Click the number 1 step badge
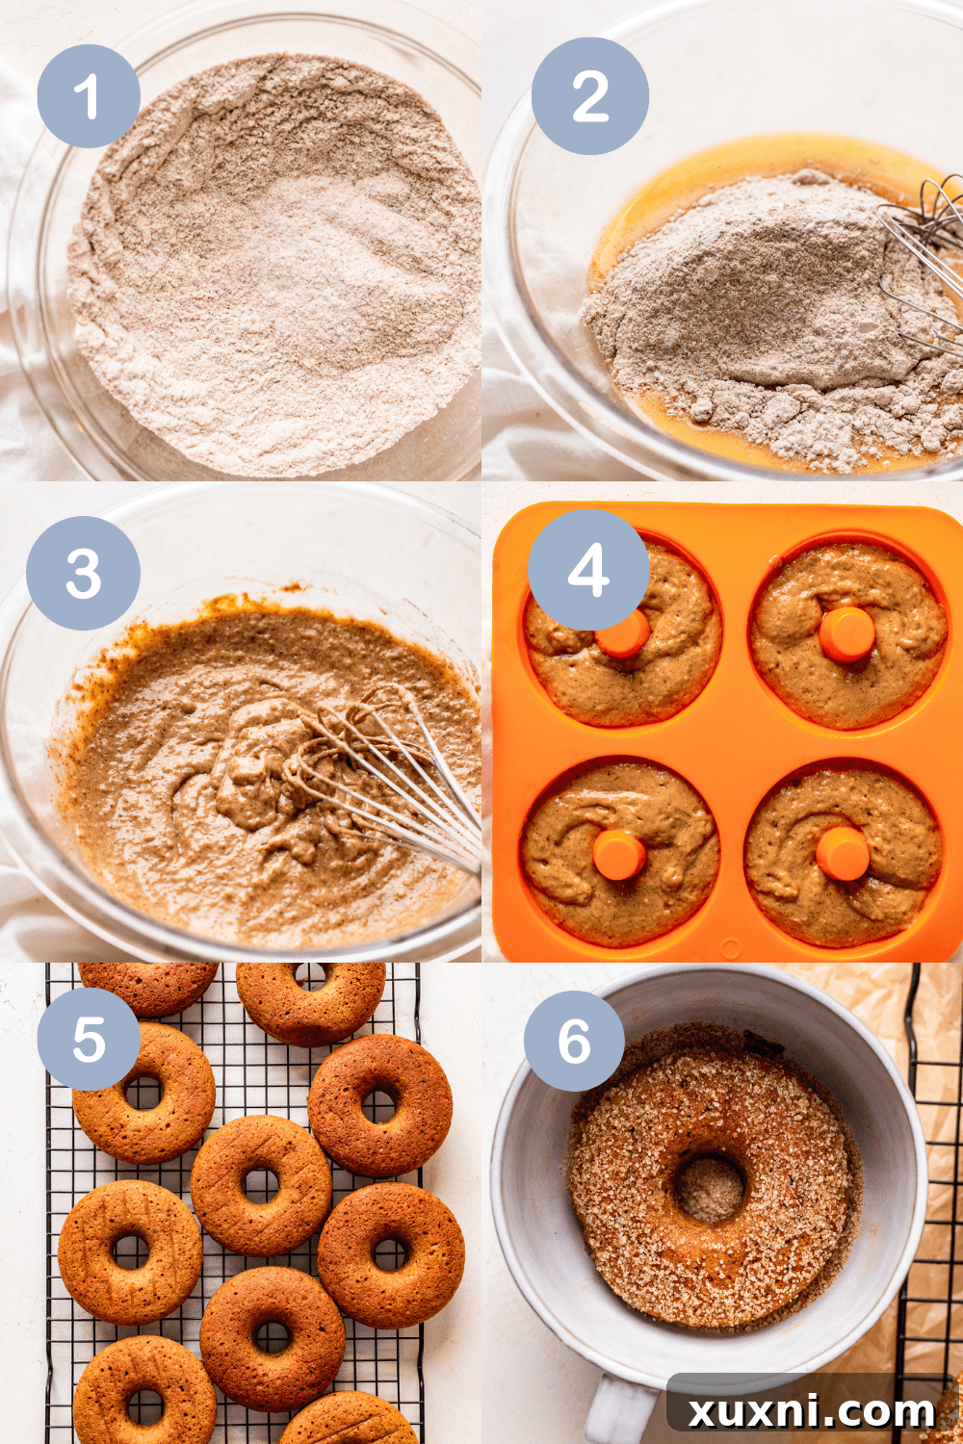tap(89, 96)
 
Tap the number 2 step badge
tap(590, 96)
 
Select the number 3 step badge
tap(84, 574)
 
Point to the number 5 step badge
tap(89, 1040)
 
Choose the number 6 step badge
tap(574, 1041)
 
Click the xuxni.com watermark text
tap(812, 1411)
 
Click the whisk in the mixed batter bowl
tap(385, 780)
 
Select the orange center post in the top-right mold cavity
tap(847, 633)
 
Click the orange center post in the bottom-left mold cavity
tap(618, 855)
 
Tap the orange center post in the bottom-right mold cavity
tap(843, 853)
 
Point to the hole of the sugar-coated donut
tap(710, 1186)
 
